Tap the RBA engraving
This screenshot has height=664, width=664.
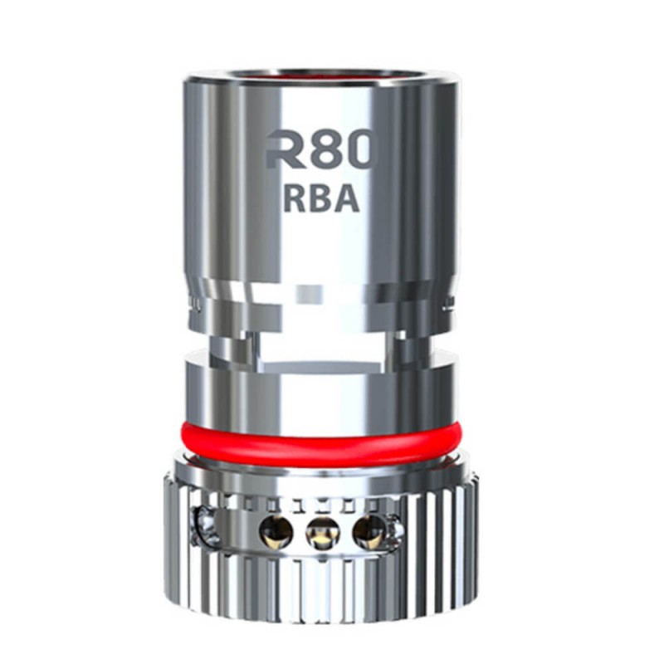coord(322,200)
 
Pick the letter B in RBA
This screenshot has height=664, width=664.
coord(322,200)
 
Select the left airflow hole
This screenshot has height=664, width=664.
coord(273,529)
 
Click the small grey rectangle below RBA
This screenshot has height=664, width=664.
coord(319,295)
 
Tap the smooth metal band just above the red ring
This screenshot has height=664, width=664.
coord(320,390)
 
